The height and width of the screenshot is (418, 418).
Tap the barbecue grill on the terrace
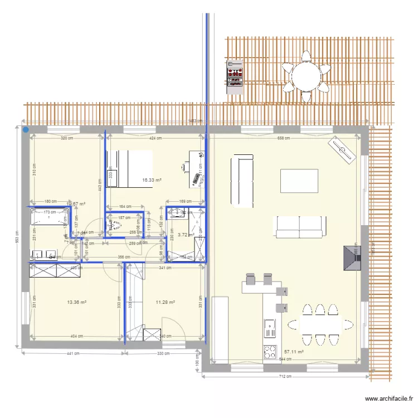(235, 76)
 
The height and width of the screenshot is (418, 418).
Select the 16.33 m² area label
(152, 180)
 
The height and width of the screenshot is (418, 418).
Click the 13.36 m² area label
(76, 303)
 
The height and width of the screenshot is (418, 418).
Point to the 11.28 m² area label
(166, 303)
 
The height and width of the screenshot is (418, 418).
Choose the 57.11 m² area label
(294, 352)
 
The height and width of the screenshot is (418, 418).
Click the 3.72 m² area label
(186, 235)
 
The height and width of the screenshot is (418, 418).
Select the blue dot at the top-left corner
(26, 129)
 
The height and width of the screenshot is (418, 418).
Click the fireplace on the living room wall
(352, 257)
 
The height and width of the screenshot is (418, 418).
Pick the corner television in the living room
(342, 149)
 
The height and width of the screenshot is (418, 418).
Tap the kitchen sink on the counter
(270, 328)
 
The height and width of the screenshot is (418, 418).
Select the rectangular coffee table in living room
(299, 181)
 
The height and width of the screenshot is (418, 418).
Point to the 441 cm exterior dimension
(71, 353)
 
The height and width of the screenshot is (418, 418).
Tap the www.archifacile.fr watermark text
(388, 399)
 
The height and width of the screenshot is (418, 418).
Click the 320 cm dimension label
(67, 138)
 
